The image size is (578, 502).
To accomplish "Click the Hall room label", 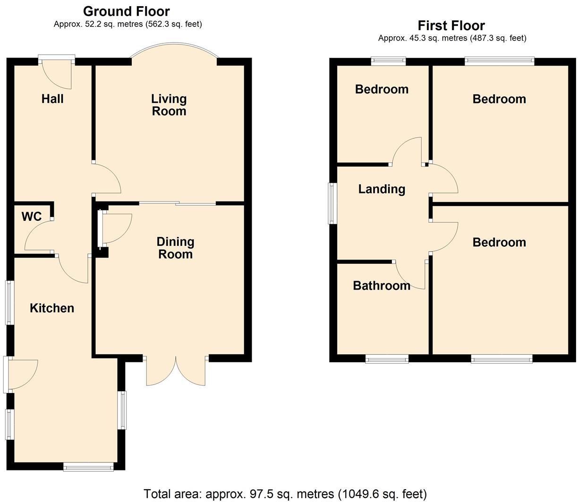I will coord(52,99).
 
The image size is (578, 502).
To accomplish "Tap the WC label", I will coord(32,217).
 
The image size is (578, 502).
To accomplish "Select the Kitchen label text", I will coord(52,308).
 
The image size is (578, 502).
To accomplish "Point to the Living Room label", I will coord(169,105).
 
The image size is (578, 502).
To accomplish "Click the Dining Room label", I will coord(175,248).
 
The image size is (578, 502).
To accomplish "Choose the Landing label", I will coord(382,189).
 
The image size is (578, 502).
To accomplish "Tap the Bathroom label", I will coord(382,285).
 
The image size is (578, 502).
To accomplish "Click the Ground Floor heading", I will coord(127,11).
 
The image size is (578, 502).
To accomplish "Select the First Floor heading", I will coord(451,25).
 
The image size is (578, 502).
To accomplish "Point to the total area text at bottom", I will coord(285,494).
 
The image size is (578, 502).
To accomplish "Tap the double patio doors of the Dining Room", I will coord(176,371).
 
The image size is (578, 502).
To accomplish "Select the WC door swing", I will coord(39,236).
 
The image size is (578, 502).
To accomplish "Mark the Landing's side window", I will coord(332,203).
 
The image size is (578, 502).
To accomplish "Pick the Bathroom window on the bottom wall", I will coord(387,360).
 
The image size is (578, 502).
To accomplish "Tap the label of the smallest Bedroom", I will coord(382,89).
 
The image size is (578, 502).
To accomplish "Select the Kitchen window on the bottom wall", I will coord(89,467).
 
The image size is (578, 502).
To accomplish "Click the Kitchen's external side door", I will coord(19,375).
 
